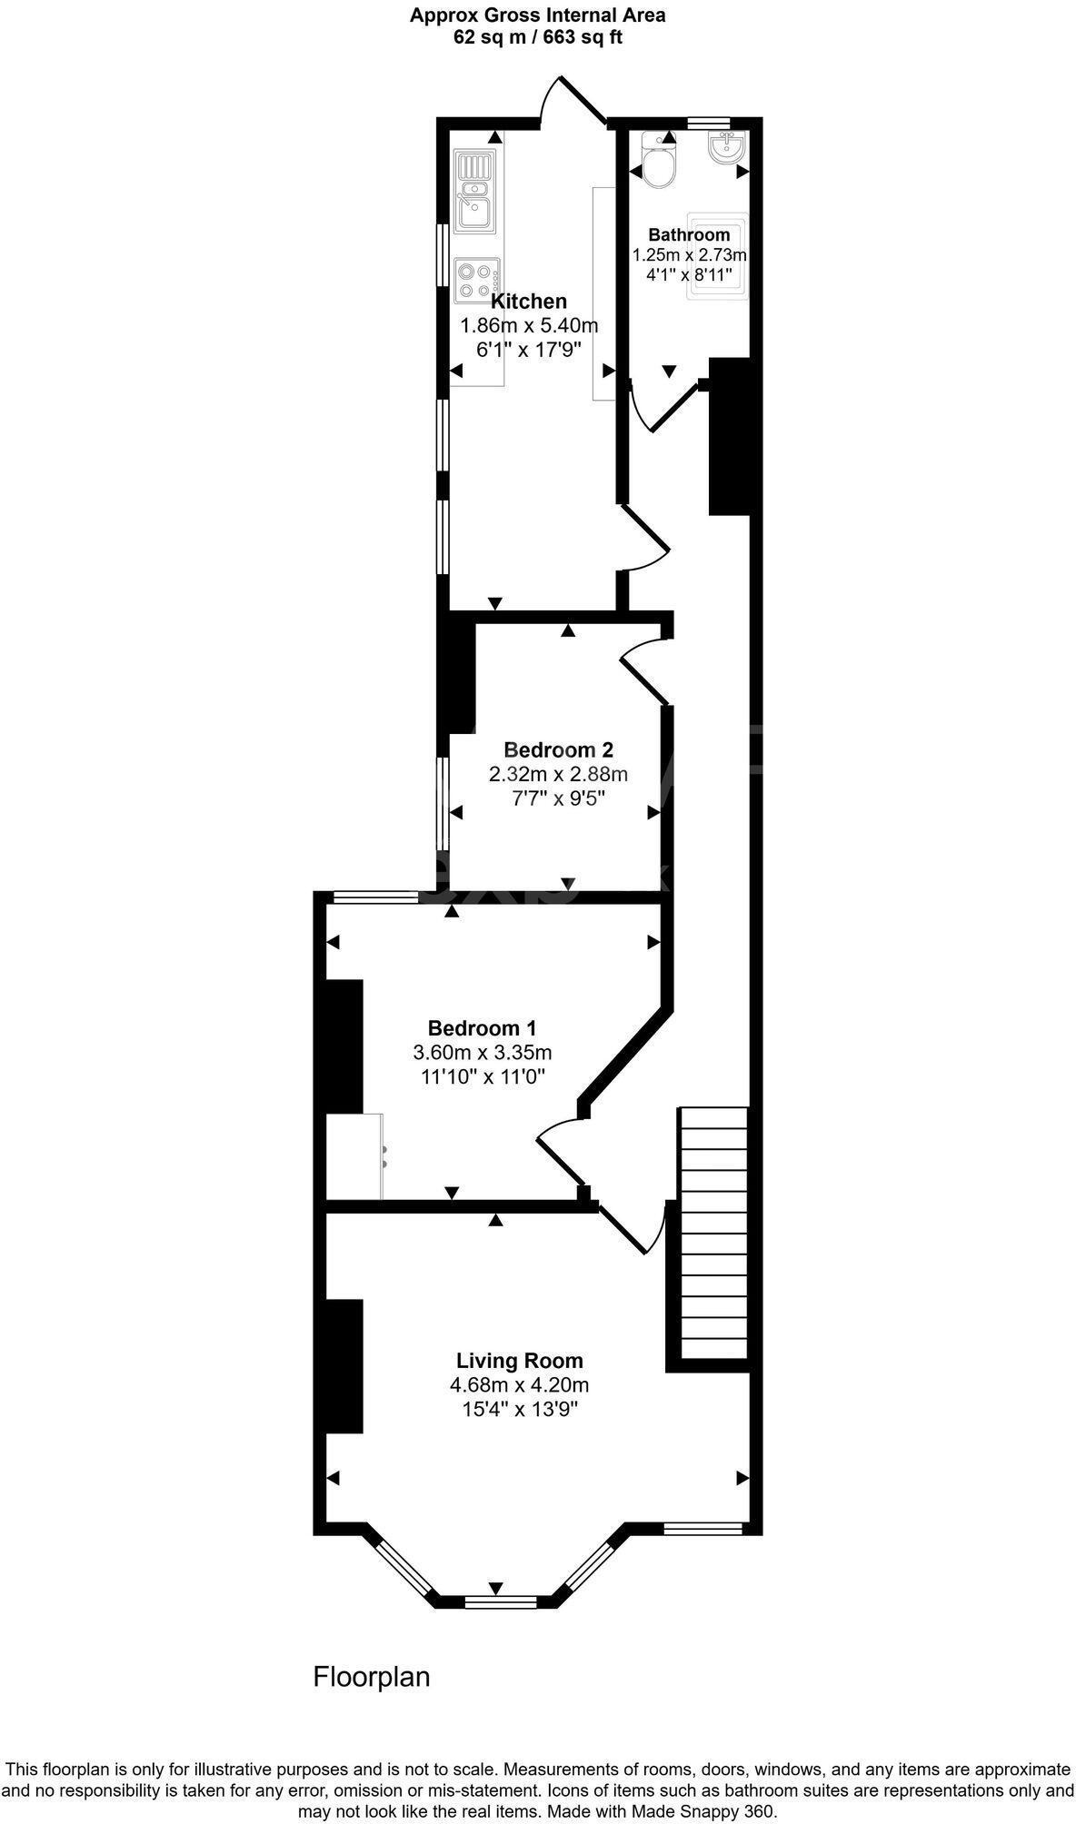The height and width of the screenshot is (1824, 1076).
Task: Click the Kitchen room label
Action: [x=528, y=302]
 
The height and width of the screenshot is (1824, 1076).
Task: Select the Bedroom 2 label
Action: [x=558, y=750]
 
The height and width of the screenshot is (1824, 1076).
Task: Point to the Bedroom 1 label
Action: [x=482, y=1028]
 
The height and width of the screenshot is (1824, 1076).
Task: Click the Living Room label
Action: [x=519, y=1361]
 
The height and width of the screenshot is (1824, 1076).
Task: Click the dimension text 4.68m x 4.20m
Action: [x=519, y=1385]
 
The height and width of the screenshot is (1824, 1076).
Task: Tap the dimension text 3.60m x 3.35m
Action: [x=482, y=1053]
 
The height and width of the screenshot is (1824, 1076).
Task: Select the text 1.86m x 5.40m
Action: [x=529, y=325]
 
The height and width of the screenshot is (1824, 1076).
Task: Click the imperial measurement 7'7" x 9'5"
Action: [x=558, y=798]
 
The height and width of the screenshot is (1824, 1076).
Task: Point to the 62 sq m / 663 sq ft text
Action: [x=537, y=38]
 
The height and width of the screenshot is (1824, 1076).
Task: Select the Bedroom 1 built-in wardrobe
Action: [x=355, y=1155]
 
